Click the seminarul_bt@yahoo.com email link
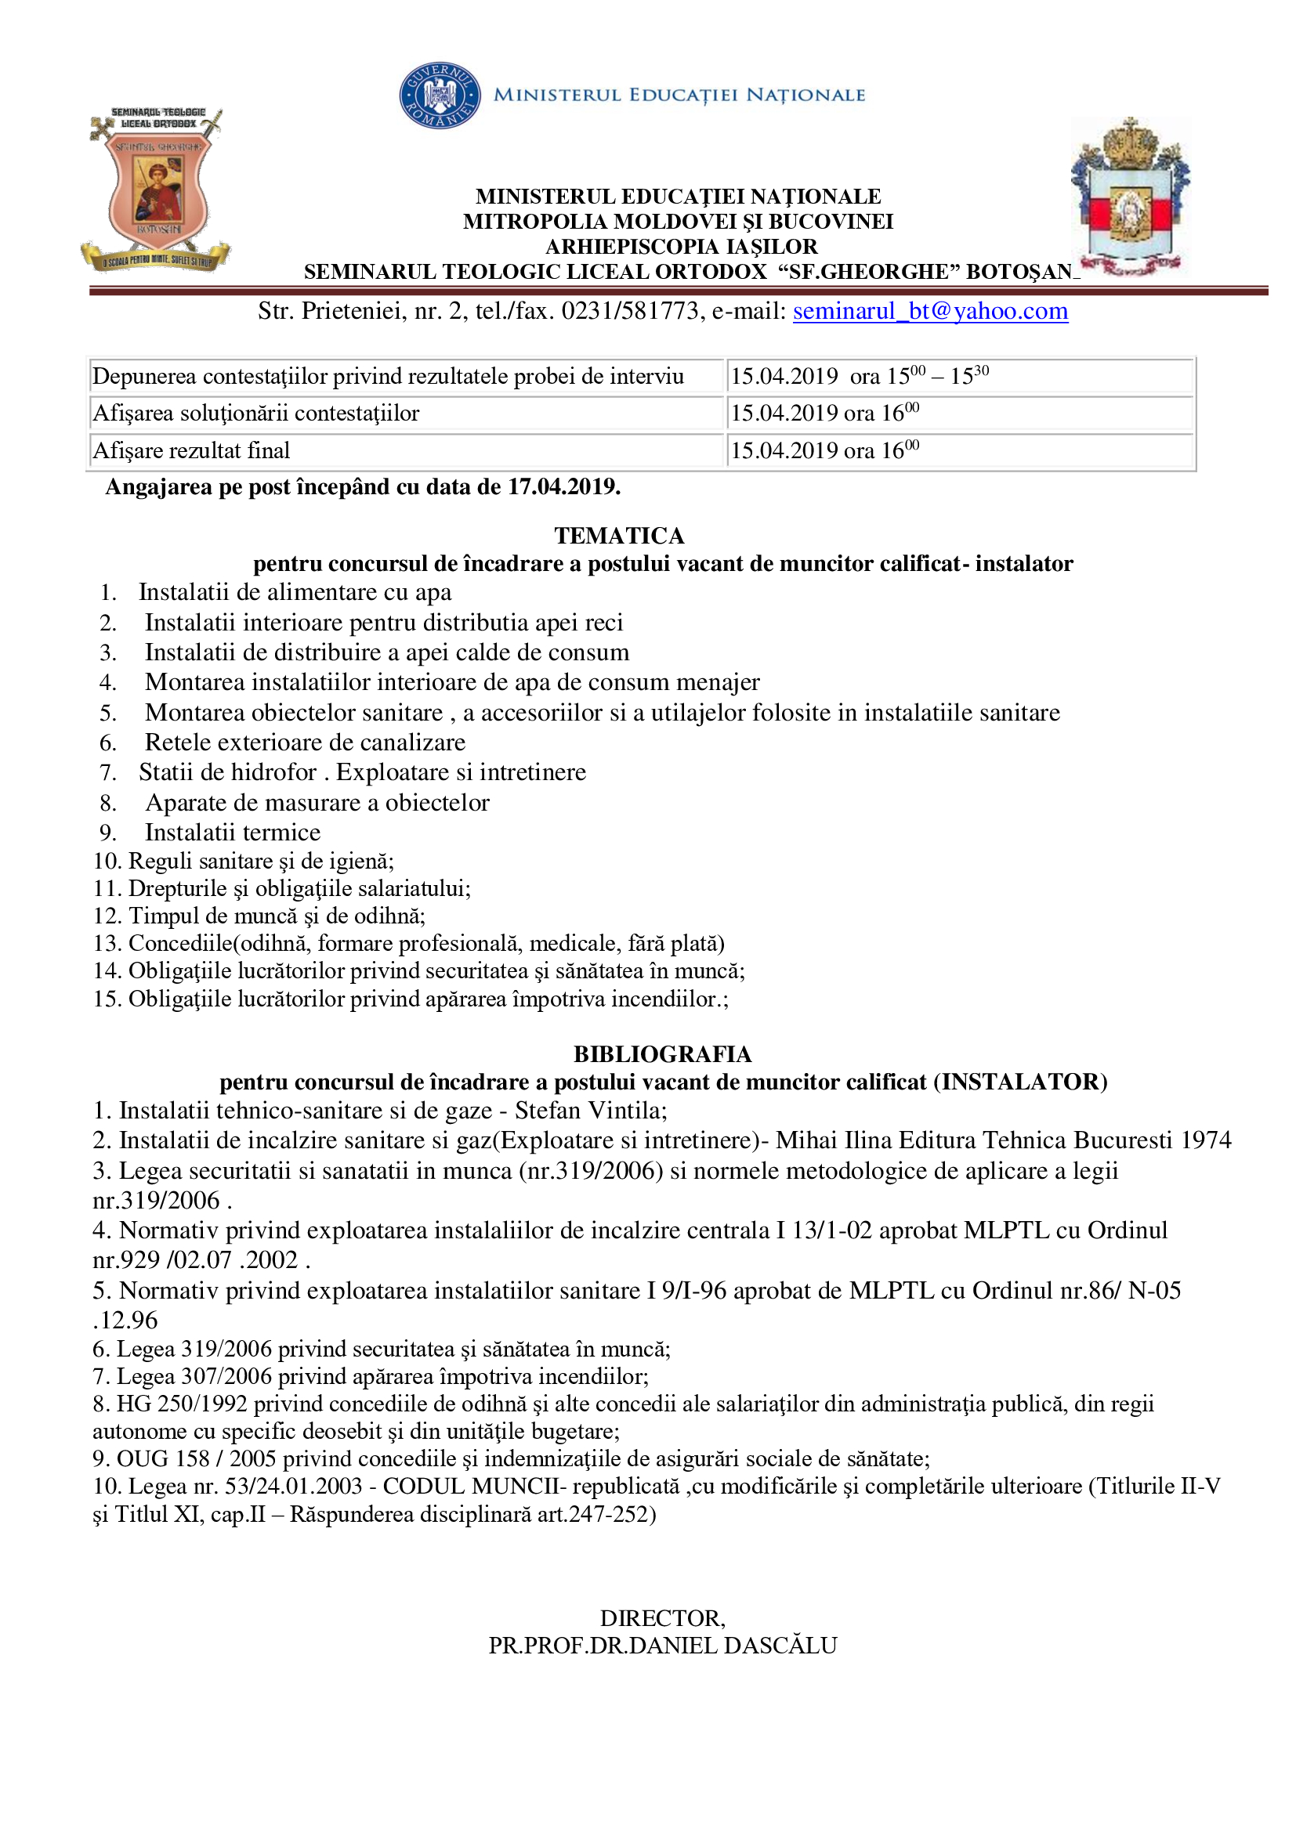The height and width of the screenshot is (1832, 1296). pyautogui.click(x=930, y=311)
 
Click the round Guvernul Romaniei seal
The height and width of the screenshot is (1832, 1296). pyautogui.click(x=440, y=96)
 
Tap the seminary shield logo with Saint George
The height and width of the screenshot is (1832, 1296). pyautogui.click(x=157, y=190)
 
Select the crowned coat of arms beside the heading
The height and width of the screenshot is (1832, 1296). pyautogui.click(x=1130, y=197)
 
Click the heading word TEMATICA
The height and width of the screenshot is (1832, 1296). pyautogui.click(x=619, y=536)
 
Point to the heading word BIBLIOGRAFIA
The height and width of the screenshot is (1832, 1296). pyautogui.click(x=662, y=1054)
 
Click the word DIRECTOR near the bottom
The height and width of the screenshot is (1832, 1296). pyautogui.click(x=662, y=1618)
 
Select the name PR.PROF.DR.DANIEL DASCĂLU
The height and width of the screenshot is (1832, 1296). pyautogui.click(x=662, y=1646)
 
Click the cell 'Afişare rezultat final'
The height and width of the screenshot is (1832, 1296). pyautogui.click(x=191, y=451)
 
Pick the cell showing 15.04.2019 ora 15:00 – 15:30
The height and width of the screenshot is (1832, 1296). pyautogui.click(x=860, y=376)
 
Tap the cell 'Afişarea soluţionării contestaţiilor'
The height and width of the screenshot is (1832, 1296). pyautogui.click(x=256, y=414)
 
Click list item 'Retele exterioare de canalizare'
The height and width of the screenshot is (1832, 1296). pyautogui.click(x=305, y=742)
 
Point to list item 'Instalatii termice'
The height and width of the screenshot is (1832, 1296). pyautogui.click(x=232, y=833)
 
